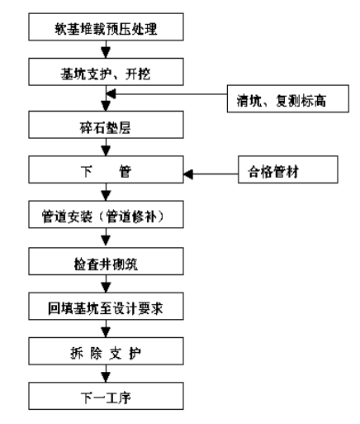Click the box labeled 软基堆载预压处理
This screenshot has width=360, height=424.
click(x=106, y=26)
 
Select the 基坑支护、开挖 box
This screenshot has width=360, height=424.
click(x=106, y=72)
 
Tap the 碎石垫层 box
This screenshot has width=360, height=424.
click(x=106, y=125)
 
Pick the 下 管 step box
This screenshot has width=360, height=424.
click(x=106, y=169)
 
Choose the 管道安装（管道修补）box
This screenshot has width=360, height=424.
click(x=106, y=214)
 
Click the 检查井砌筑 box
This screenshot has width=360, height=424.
click(x=106, y=261)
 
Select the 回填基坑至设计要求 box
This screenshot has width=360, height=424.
click(x=106, y=306)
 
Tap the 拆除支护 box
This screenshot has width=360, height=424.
click(x=106, y=351)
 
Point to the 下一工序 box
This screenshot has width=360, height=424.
click(x=106, y=396)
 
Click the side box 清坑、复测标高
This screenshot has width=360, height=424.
click(x=288, y=98)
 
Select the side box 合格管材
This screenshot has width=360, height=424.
click(x=288, y=169)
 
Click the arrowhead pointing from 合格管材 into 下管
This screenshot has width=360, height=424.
click(x=188, y=174)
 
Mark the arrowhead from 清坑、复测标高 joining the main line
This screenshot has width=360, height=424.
click(x=111, y=94)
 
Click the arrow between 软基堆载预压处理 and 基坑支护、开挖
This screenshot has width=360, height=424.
click(x=106, y=50)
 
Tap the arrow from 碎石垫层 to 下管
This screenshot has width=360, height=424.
click(x=106, y=147)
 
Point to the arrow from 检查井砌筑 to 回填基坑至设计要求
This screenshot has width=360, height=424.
click(x=106, y=283)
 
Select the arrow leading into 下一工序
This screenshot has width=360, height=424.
click(x=106, y=374)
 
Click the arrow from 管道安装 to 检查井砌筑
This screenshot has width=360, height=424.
click(x=106, y=238)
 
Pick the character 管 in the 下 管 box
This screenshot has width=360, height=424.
click(x=126, y=171)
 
